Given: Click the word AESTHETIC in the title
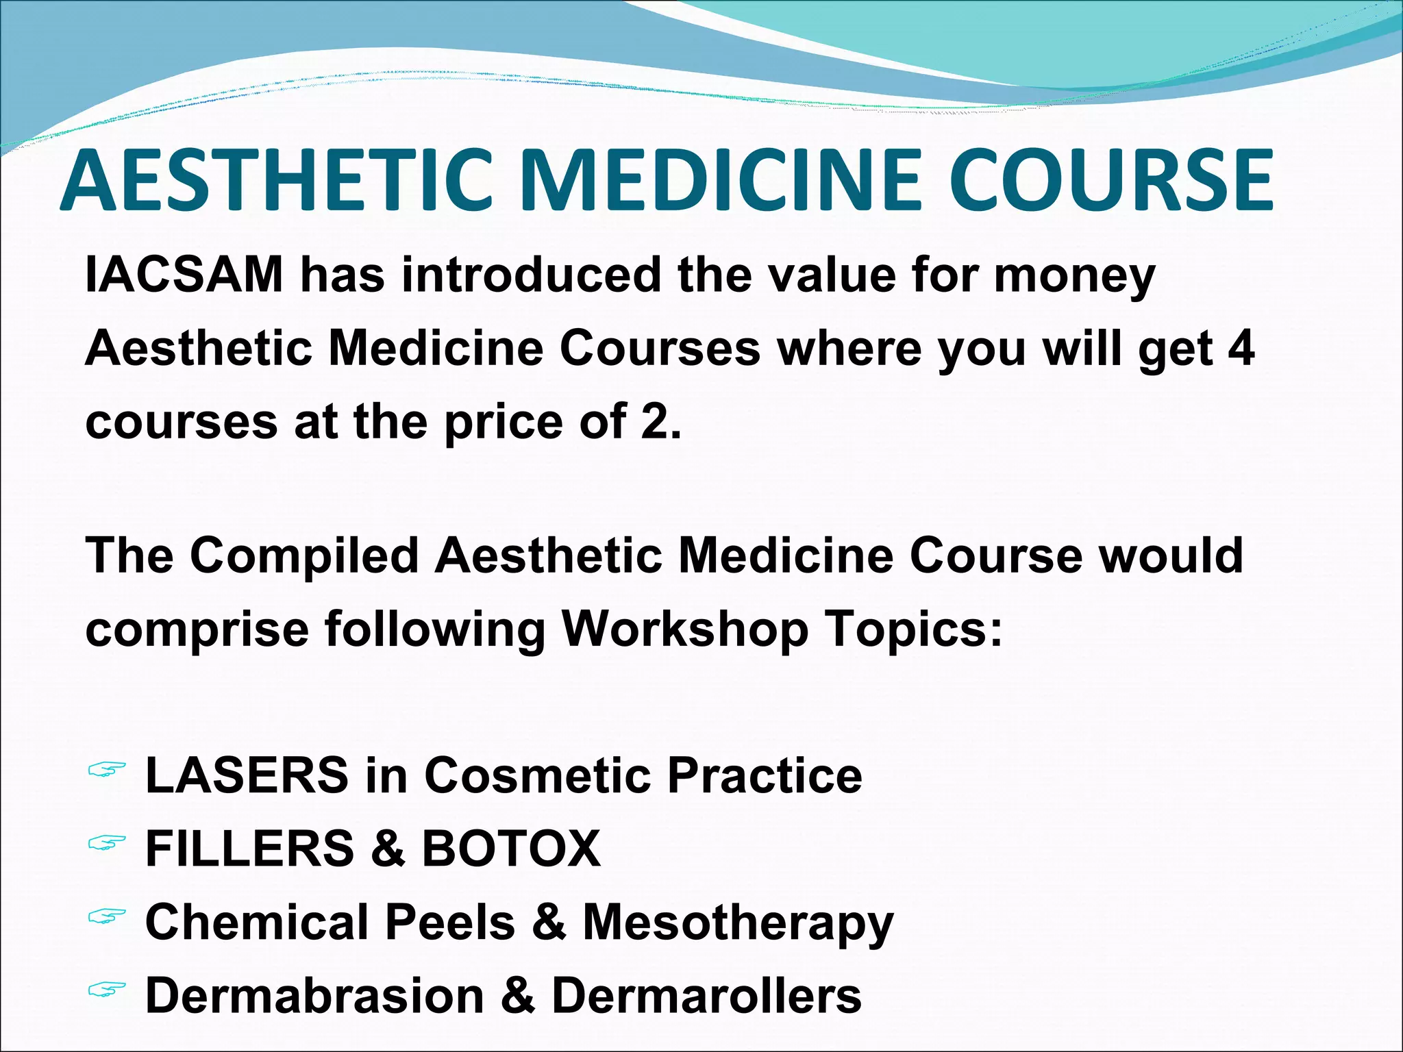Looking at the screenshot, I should coord(277,181).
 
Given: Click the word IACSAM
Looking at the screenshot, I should coord(184,275).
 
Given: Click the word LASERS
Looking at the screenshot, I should coord(247,775).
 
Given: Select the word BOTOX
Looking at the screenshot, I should coord(511,849).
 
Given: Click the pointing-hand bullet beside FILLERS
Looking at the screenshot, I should coord(107,843).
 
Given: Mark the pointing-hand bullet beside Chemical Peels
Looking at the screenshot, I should coord(107,916).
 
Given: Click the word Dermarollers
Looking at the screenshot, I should coord(706,995).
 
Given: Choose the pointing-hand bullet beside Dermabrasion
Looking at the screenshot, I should coord(107,989).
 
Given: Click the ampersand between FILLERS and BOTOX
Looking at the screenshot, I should coord(388,849).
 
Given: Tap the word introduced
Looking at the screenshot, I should coord(532,275).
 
